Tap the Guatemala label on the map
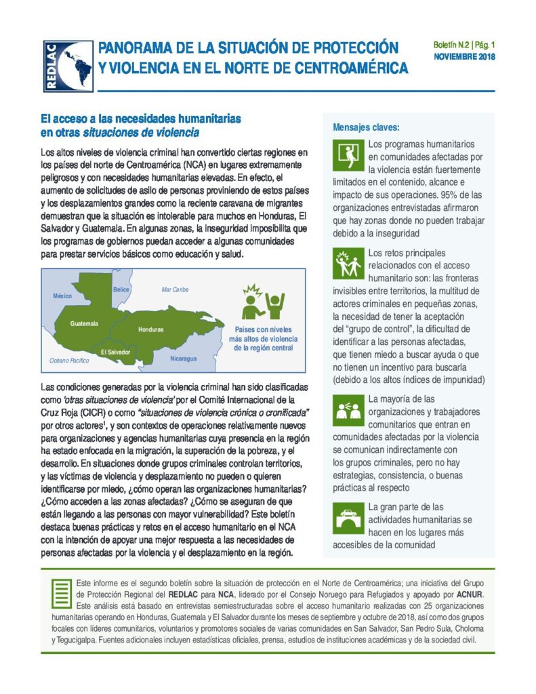coord(84,323)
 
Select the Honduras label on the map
coord(150,329)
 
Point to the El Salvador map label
coord(115,352)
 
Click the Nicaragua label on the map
coord(184,358)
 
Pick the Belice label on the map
coord(121,289)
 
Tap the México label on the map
coord(62,296)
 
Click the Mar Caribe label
coord(175,289)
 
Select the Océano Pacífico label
coord(69,361)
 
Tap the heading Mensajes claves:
coord(366,127)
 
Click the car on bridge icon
coord(348,518)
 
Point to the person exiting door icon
coord(348,156)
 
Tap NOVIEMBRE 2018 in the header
coord(464,57)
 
